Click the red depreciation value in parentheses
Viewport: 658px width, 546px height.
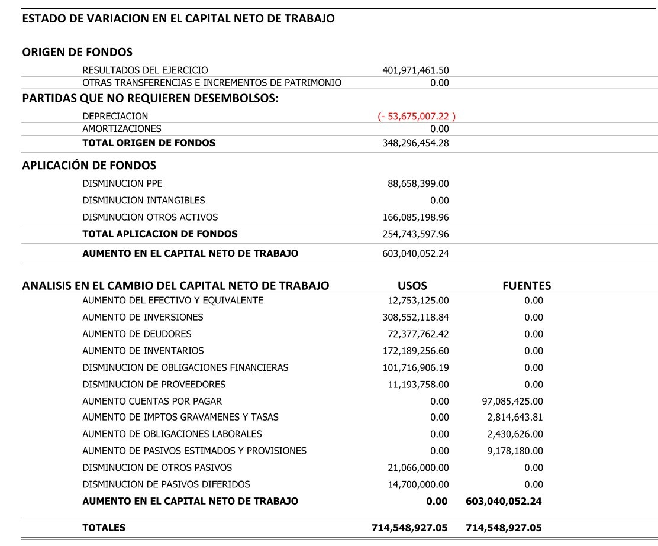[x=417, y=117]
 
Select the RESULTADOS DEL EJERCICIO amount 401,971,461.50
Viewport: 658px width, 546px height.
[x=416, y=70]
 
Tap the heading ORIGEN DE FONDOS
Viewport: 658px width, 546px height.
[x=77, y=52]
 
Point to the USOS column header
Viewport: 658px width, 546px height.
[x=412, y=286]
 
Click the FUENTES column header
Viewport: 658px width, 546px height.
[x=526, y=286]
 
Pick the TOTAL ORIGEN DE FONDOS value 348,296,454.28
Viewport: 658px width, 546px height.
[x=416, y=143]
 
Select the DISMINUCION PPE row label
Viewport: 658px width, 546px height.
[x=122, y=183]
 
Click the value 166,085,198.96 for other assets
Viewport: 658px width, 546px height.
[x=416, y=217]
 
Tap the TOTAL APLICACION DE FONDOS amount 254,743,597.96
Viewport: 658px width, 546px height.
[x=416, y=234]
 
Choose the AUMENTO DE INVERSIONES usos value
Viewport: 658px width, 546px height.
[x=416, y=317]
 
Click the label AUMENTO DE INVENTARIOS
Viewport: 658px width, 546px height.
[x=143, y=351]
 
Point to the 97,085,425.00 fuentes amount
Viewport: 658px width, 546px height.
[x=513, y=401]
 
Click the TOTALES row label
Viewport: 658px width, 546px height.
[x=104, y=528]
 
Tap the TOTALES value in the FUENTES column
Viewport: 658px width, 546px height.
[x=504, y=528]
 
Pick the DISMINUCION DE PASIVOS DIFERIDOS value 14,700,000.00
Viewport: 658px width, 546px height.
[x=418, y=484]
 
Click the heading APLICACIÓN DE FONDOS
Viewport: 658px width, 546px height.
[x=89, y=165]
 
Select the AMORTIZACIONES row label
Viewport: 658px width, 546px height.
[x=122, y=128]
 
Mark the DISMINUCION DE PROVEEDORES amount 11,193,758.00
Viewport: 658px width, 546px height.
[x=418, y=385]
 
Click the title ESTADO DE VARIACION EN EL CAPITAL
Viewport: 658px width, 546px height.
[x=178, y=18]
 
